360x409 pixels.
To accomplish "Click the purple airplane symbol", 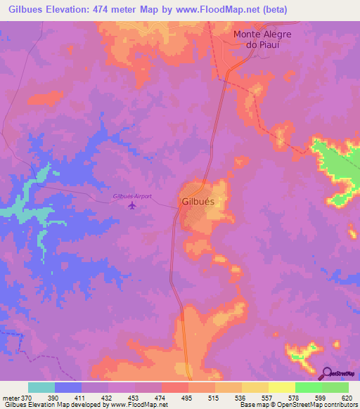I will (133, 205).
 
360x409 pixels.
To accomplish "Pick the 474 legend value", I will (162, 398).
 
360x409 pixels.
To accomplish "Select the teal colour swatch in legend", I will (41, 388).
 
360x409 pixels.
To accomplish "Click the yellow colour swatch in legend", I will (281, 388).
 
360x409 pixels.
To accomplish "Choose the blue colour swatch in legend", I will (68, 388).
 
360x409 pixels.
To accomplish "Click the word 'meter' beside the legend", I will (10, 398).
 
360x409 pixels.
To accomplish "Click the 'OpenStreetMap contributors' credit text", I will (314, 405).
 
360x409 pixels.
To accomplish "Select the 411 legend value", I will (82, 398).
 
